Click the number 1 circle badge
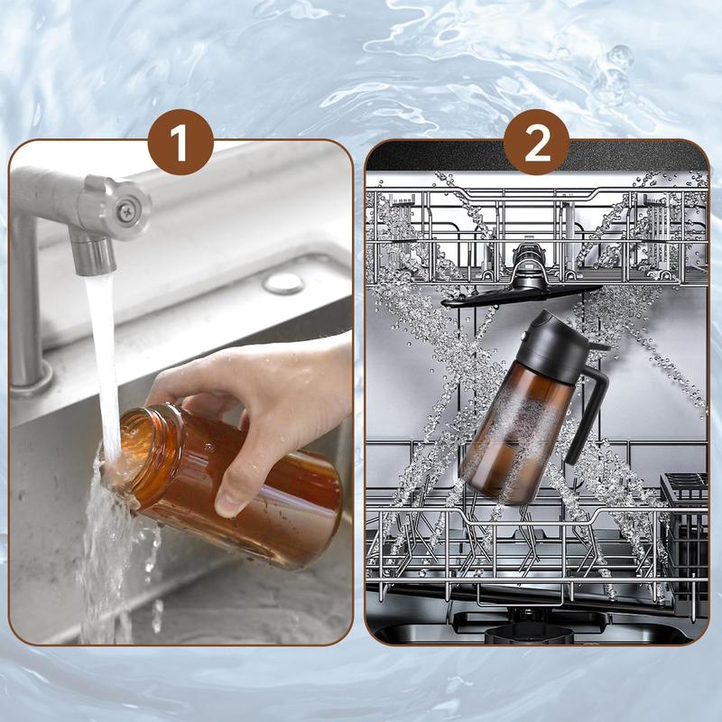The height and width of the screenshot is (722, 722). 180,143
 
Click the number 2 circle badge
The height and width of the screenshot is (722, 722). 536,143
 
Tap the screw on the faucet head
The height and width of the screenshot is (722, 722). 125,211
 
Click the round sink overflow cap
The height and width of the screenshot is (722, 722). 283,283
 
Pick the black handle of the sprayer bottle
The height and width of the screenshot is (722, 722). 590,405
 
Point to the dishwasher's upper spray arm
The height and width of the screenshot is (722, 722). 521,295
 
